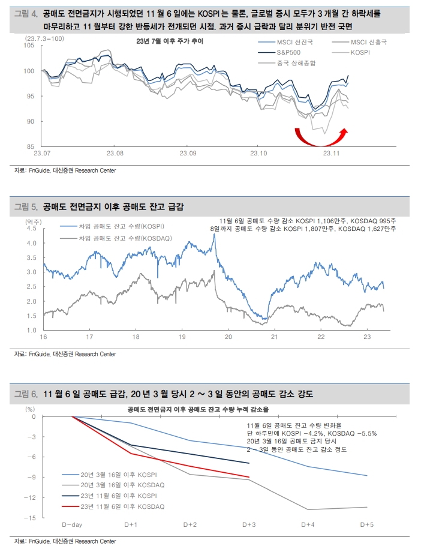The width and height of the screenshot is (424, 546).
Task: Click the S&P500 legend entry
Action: (279, 53)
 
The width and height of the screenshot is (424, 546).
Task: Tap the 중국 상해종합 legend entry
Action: (287, 63)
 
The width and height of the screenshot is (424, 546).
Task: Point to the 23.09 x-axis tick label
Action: (188, 153)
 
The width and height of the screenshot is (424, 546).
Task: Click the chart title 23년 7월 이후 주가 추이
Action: (170, 41)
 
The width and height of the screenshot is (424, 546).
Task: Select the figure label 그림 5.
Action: (26, 207)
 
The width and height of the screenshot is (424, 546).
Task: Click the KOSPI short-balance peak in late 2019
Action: (215, 235)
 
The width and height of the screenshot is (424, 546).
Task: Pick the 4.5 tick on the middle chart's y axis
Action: (31, 229)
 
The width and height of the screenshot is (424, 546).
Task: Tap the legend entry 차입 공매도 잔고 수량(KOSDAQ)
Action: (116, 238)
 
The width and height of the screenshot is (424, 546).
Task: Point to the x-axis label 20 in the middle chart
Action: (228, 337)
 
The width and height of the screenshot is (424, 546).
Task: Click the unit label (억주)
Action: (33, 222)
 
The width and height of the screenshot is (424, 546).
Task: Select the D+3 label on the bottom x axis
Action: (249, 524)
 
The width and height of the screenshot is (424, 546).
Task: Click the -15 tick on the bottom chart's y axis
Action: (30, 518)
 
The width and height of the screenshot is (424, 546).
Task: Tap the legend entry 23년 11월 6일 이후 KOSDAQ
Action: (113, 506)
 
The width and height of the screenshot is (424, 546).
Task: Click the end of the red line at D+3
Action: (249, 477)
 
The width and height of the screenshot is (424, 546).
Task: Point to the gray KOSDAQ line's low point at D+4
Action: (308, 509)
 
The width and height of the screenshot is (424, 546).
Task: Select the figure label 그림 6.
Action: (26, 394)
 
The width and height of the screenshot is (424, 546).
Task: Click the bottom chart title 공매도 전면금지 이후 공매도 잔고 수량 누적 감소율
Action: (198, 409)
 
